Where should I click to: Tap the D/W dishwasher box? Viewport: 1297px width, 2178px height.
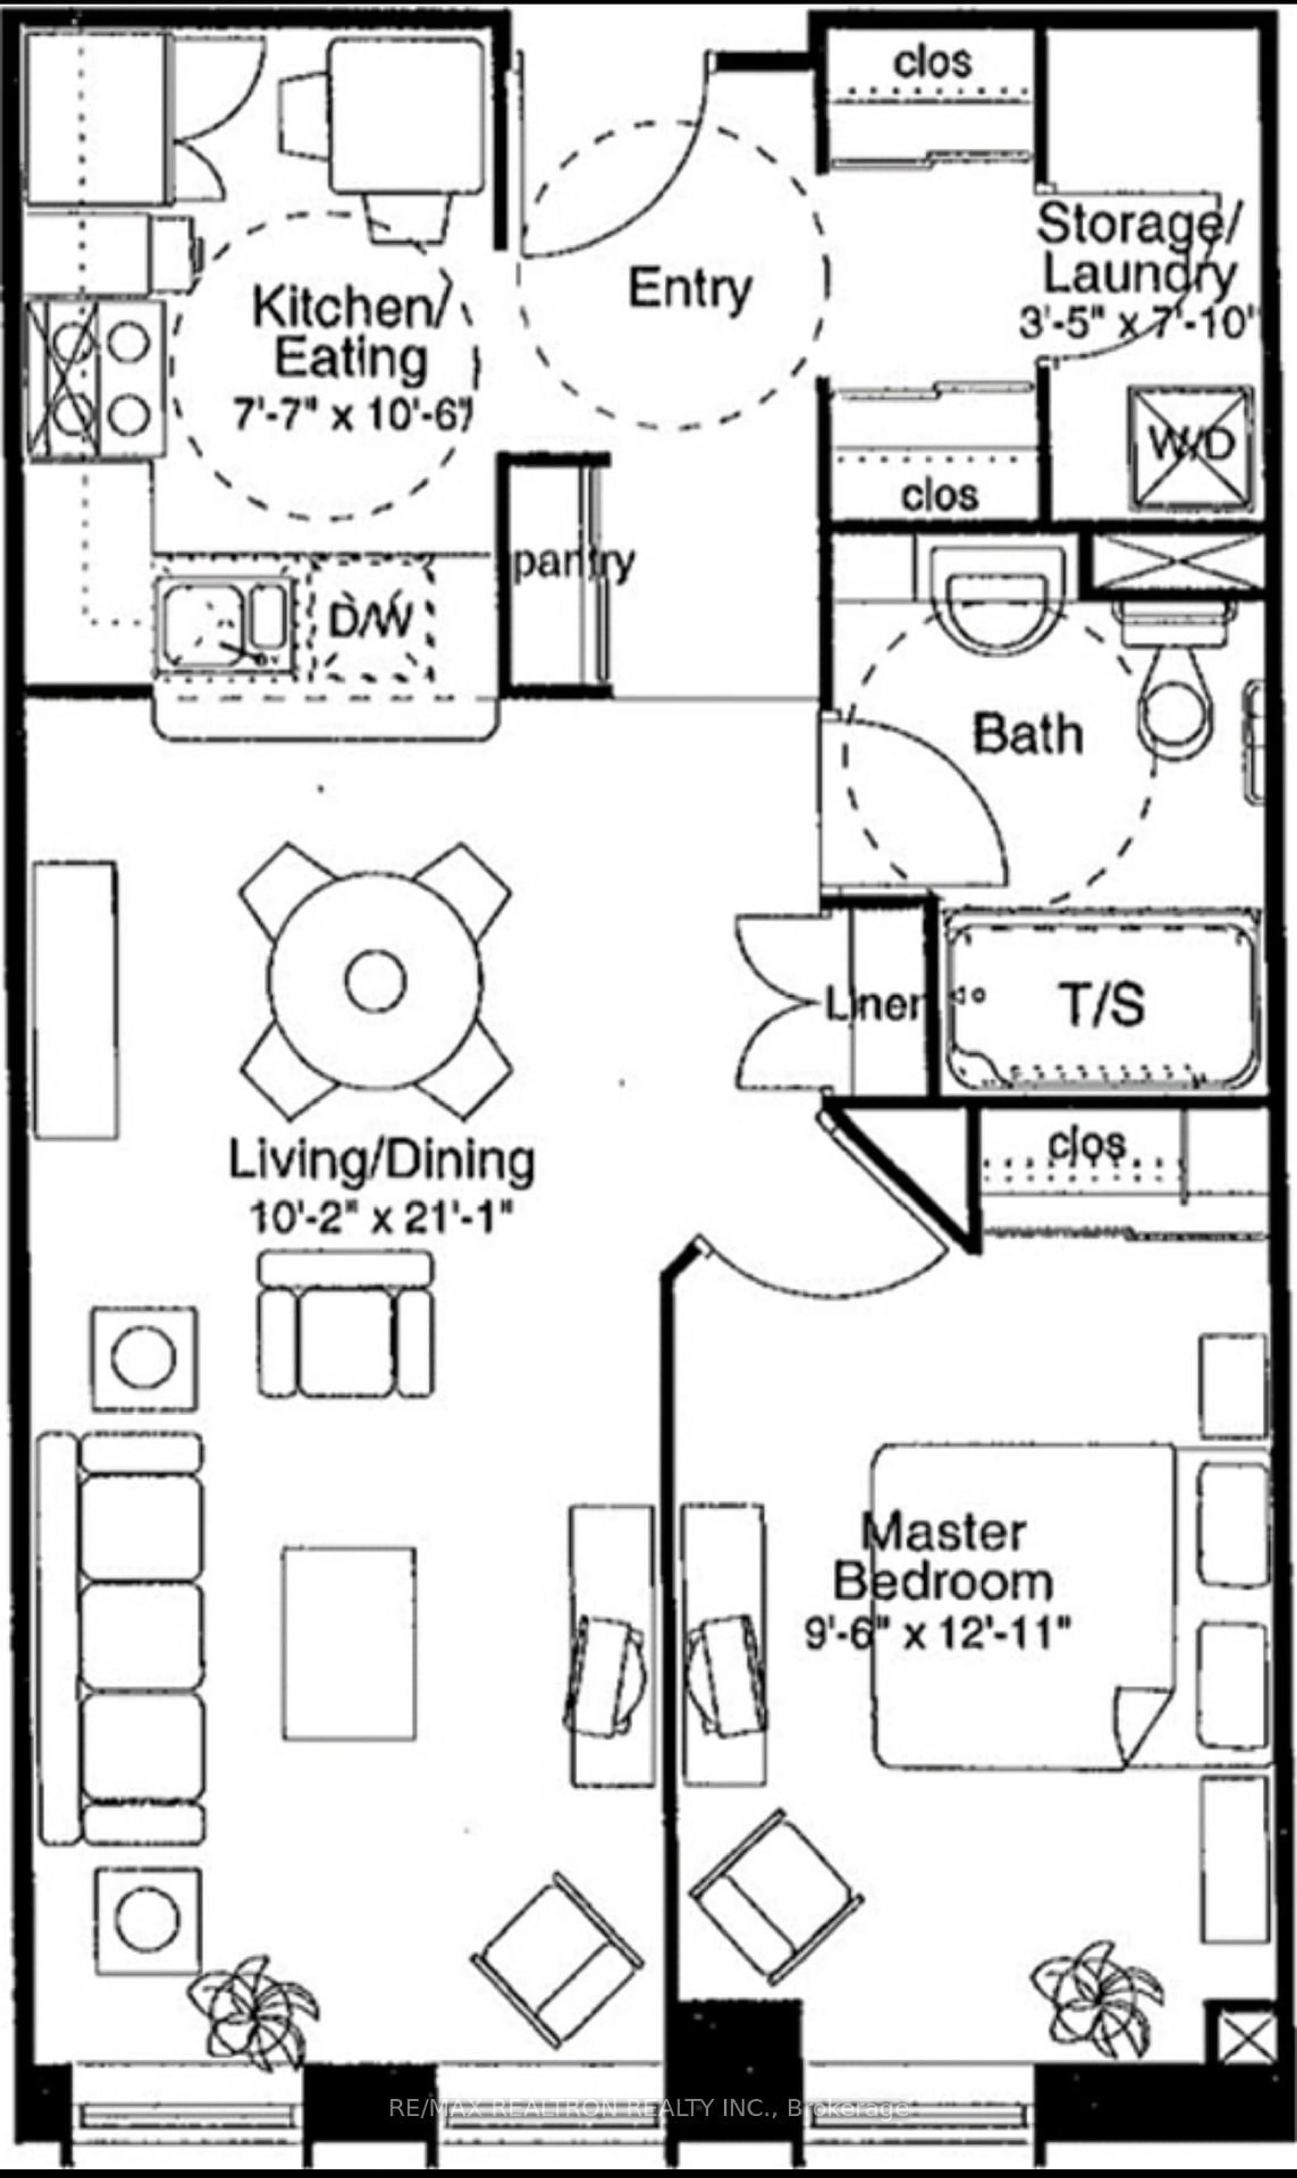[x=371, y=620]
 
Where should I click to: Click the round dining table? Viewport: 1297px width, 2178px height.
[x=375, y=980]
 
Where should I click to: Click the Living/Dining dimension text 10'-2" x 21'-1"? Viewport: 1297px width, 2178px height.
[x=381, y=1217]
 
